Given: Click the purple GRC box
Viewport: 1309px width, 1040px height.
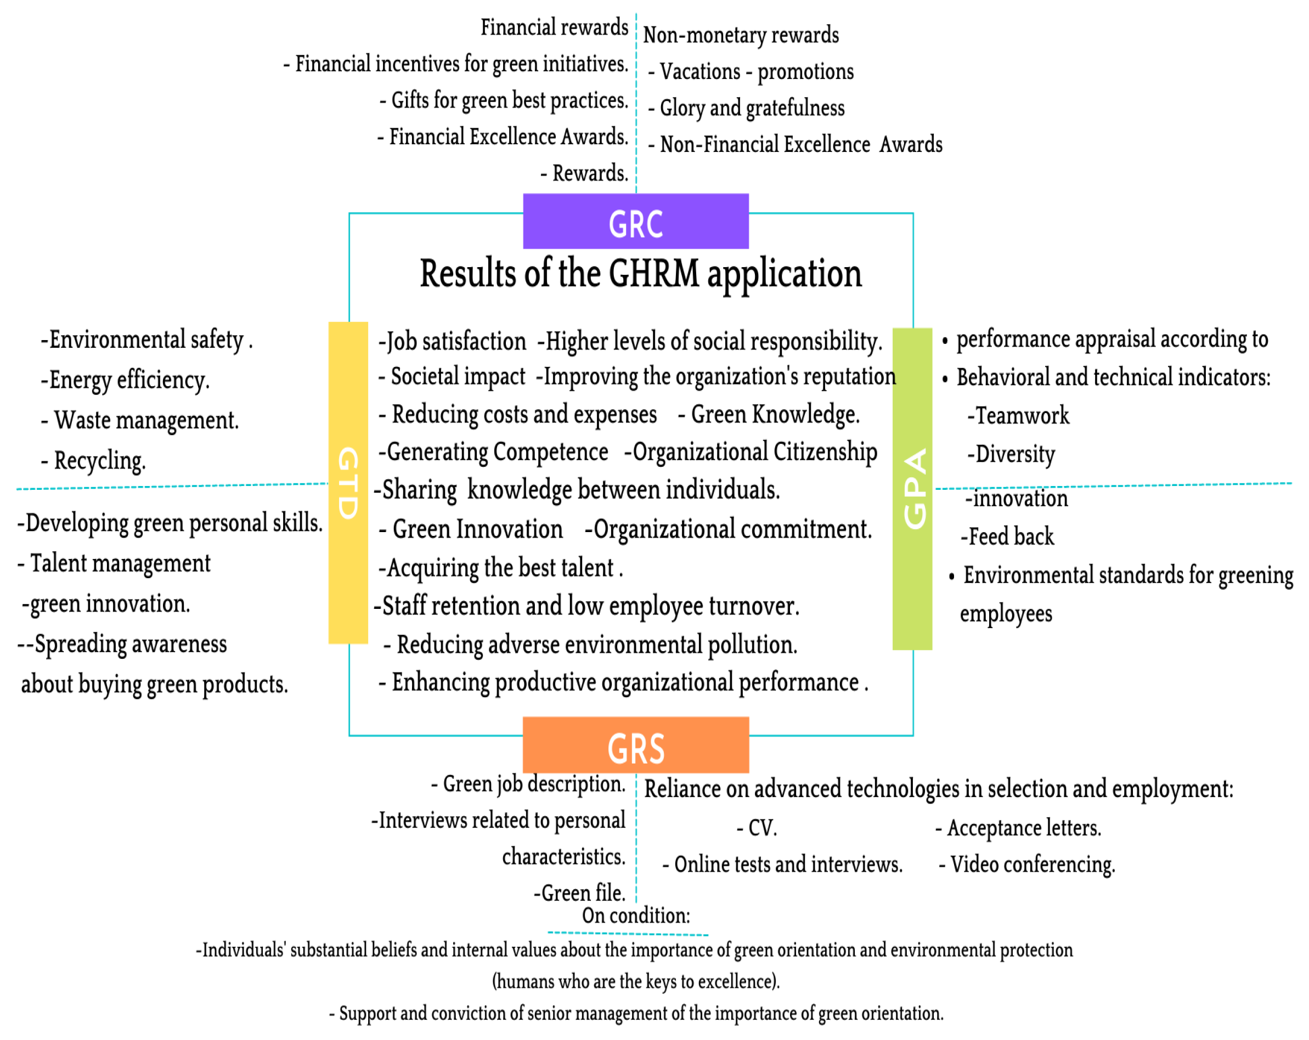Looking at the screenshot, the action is pos(636,221).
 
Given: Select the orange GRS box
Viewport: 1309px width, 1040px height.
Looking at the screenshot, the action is pos(636,745).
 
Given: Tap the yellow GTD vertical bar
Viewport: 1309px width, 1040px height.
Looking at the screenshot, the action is pos(348,483).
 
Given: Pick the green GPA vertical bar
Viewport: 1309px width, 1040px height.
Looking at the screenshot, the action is pos(912,489).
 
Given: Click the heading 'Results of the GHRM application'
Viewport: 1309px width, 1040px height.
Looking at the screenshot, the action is pos(641,274).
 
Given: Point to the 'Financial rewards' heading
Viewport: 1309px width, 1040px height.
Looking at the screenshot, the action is pos(554,27).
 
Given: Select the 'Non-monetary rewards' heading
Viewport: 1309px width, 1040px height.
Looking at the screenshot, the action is pos(741,35).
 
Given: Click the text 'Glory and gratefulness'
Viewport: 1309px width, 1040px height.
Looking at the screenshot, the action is pos(752,108).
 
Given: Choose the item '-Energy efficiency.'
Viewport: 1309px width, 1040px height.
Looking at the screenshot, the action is pos(125,380).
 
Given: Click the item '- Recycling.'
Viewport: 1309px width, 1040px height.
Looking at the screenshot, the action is pos(93,461).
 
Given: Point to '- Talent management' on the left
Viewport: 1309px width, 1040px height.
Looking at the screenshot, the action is pos(114,563).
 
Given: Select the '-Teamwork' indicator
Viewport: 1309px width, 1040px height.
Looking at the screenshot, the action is pos(1018,416).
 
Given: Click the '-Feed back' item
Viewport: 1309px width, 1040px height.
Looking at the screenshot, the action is pos(1007,536).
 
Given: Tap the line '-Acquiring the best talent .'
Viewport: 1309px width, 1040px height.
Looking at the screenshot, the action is pos(501,568).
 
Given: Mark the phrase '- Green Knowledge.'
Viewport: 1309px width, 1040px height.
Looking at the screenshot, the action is pos(769,415).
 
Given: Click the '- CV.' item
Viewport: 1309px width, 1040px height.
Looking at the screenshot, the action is pos(757,828).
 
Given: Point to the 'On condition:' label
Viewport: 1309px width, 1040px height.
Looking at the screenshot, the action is pos(636,915).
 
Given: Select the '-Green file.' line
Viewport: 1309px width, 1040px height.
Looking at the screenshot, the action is pos(580,893).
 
